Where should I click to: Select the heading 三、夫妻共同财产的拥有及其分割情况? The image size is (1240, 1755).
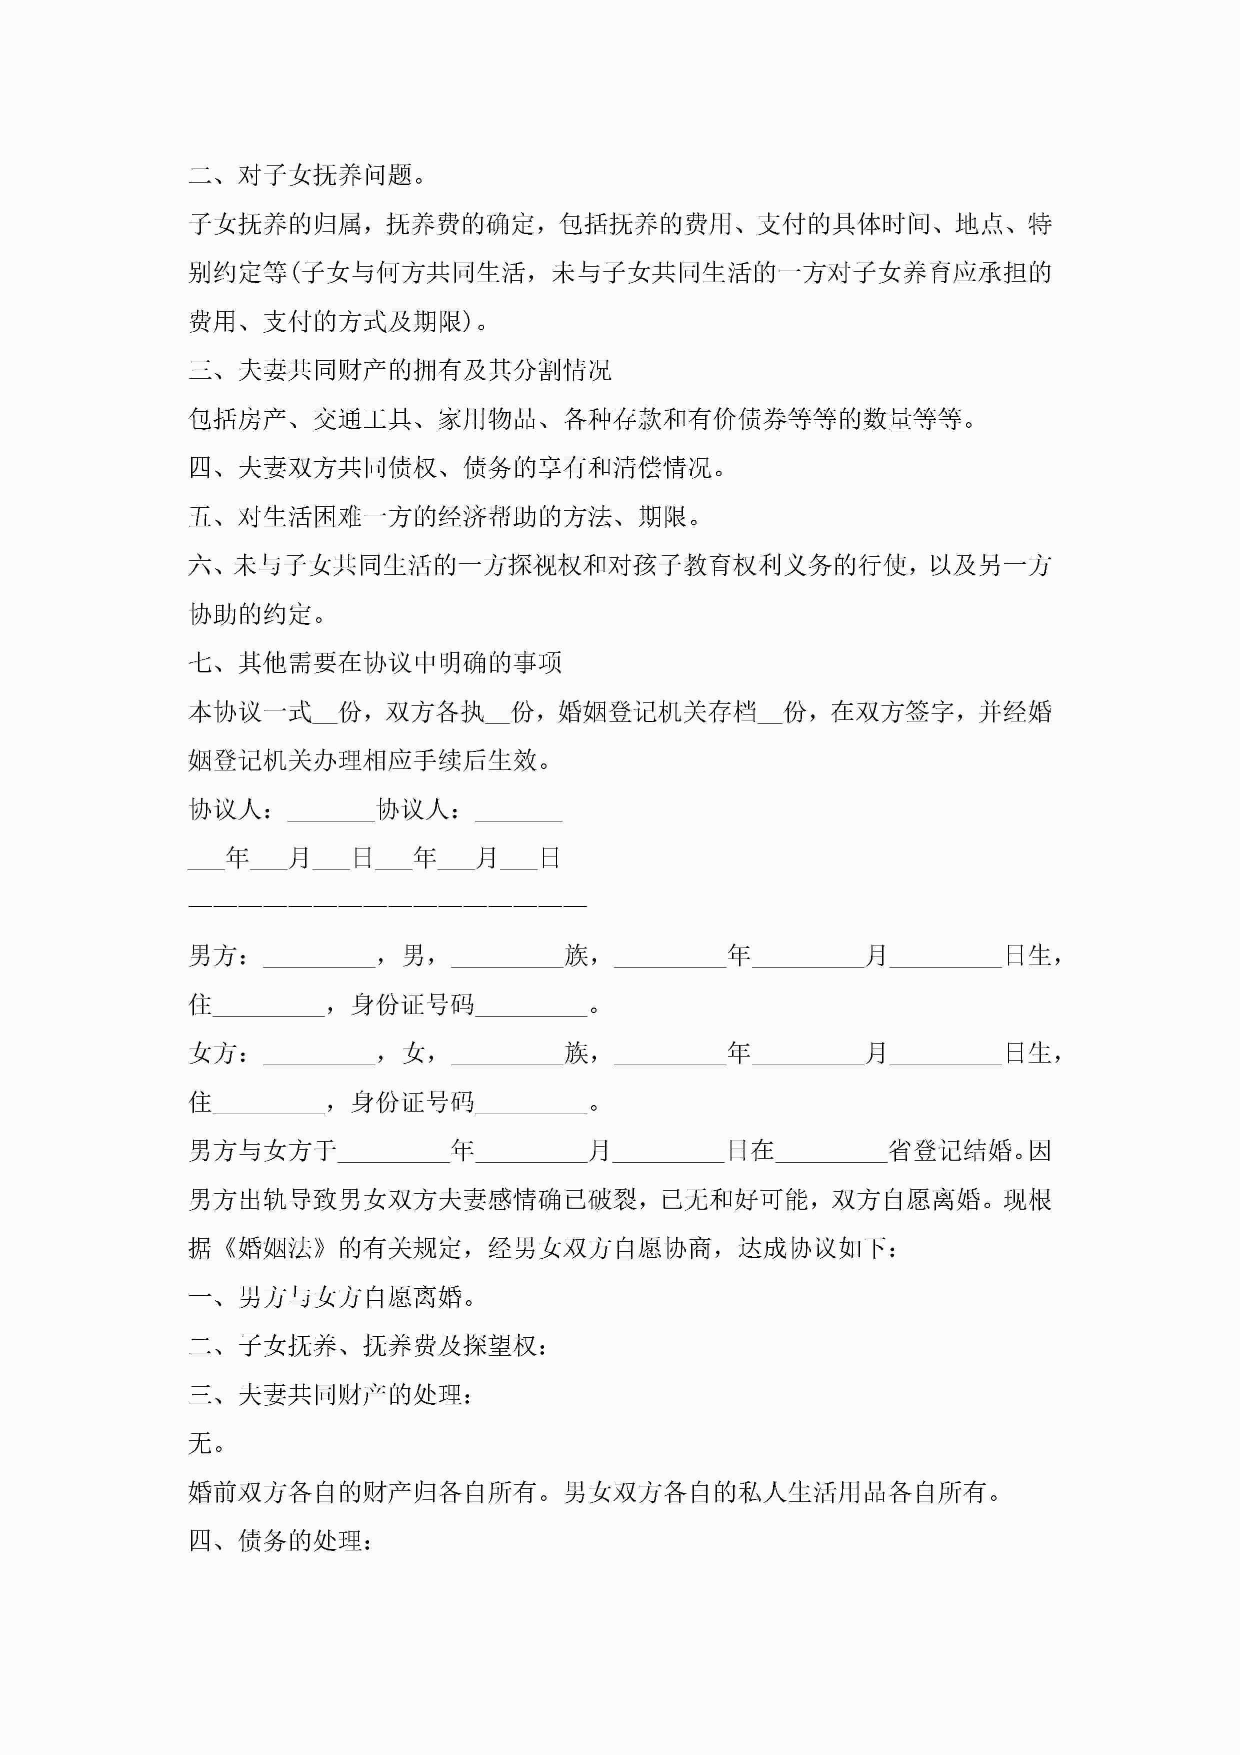point(399,371)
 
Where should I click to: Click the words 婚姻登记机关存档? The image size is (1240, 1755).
point(657,711)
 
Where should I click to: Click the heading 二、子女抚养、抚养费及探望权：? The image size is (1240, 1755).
point(368,1346)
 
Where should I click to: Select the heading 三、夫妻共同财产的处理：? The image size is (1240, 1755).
point(330,1395)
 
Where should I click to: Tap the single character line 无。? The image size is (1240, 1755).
point(206,1444)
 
